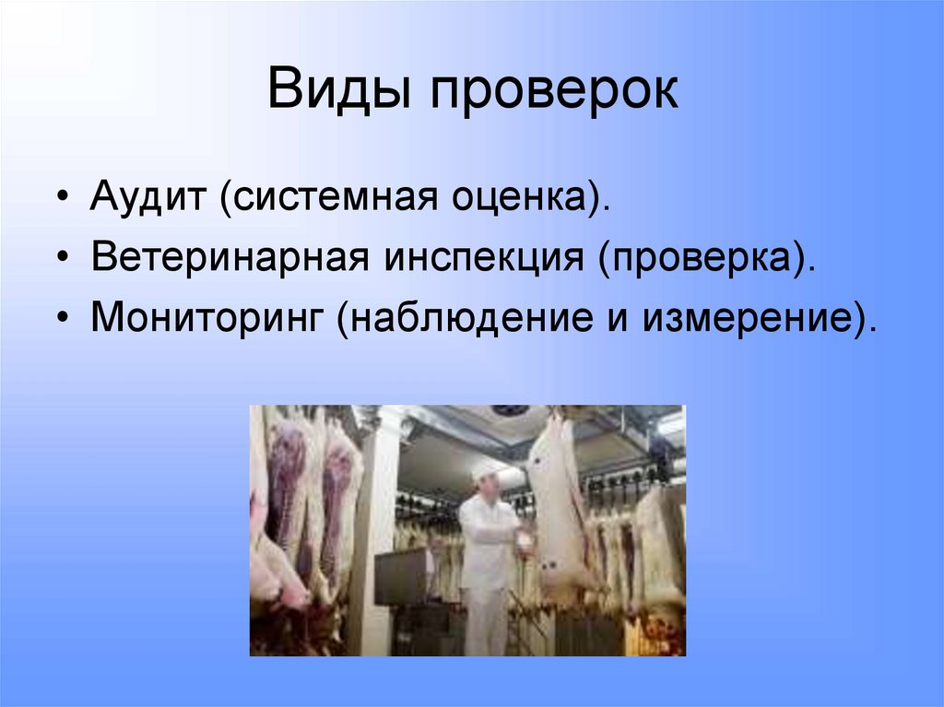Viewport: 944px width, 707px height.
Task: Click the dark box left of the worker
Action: [x=402, y=576]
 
